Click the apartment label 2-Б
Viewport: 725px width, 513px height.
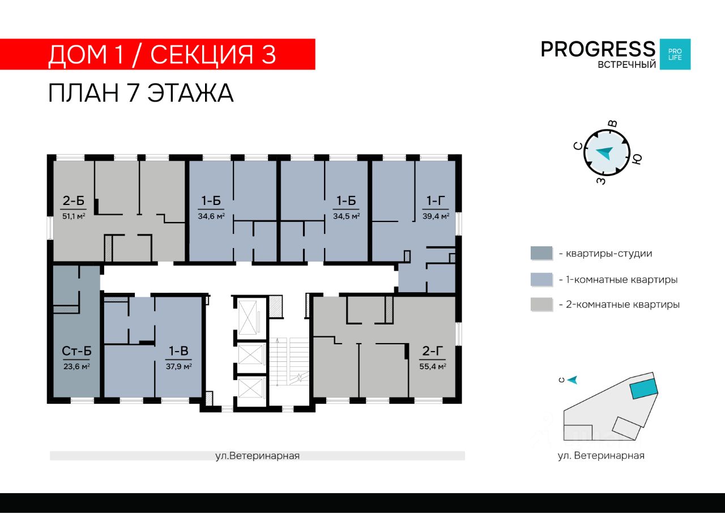pyautogui.click(x=74, y=200)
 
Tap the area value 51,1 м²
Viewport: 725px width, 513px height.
pyautogui.click(x=74, y=216)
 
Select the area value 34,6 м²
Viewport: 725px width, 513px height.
pyautogui.click(x=211, y=216)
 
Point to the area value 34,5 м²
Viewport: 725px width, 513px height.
pyautogui.click(x=346, y=216)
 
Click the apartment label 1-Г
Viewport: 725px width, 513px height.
pyautogui.click(x=436, y=200)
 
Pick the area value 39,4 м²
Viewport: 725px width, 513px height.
pyautogui.click(x=436, y=216)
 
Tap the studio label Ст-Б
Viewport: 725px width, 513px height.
pyautogui.click(x=76, y=351)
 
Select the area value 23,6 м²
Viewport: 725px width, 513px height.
pyautogui.click(x=76, y=366)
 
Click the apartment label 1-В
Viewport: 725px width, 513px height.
pyautogui.click(x=178, y=351)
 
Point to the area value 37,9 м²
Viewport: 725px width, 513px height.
pyautogui.click(x=178, y=366)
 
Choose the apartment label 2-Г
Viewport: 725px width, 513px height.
pyautogui.click(x=433, y=351)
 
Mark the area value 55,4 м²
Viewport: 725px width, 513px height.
pyautogui.click(x=433, y=366)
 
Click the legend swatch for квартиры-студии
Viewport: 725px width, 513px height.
pyautogui.click(x=541, y=253)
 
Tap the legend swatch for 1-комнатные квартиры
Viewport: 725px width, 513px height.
pyautogui.click(x=541, y=280)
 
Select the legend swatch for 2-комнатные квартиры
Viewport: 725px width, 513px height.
pyautogui.click(x=541, y=305)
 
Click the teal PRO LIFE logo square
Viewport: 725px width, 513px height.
pyautogui.click(x=675, y=54)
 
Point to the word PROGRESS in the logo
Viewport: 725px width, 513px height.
pyautogui.click(x=598, y=49)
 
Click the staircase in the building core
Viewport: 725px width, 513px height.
pyautogui.click(x=289, y=362)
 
